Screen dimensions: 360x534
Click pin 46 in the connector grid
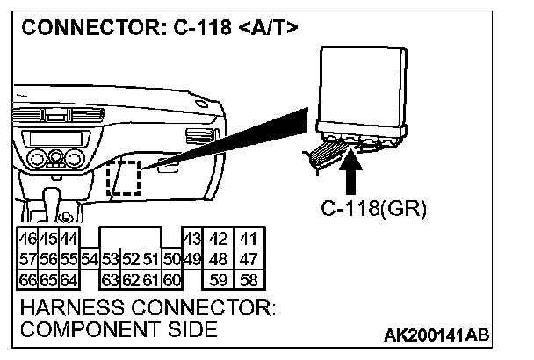coord(27,239)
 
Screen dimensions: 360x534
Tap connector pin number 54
coord(89,259)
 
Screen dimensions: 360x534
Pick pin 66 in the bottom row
coord(27,280)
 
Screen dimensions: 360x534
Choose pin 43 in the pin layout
coord(192,239)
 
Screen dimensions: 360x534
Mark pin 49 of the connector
coord(192,259)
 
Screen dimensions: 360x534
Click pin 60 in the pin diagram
coord(172,280)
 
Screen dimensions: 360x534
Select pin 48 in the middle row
coord(220,259)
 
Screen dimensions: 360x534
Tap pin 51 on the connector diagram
coord(151,259)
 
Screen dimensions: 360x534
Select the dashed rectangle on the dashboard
coord(122,178)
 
